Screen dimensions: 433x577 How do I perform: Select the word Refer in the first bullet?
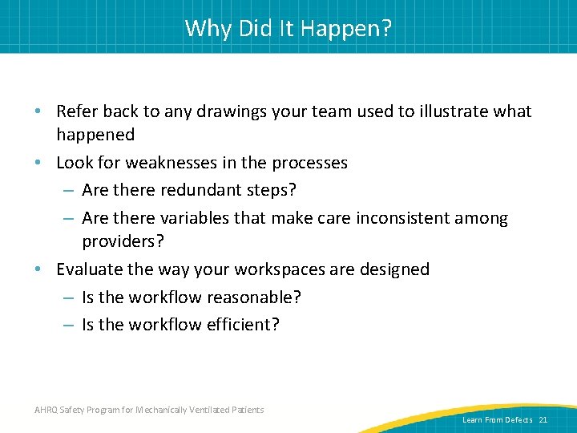77,111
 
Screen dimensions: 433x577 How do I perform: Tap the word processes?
309,163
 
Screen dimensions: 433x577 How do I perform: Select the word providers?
119,241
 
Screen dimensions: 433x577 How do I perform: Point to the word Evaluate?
88,269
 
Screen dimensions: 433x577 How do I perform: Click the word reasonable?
254,297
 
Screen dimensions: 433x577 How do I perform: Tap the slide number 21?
543,420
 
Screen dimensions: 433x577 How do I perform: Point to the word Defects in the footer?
518,420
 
